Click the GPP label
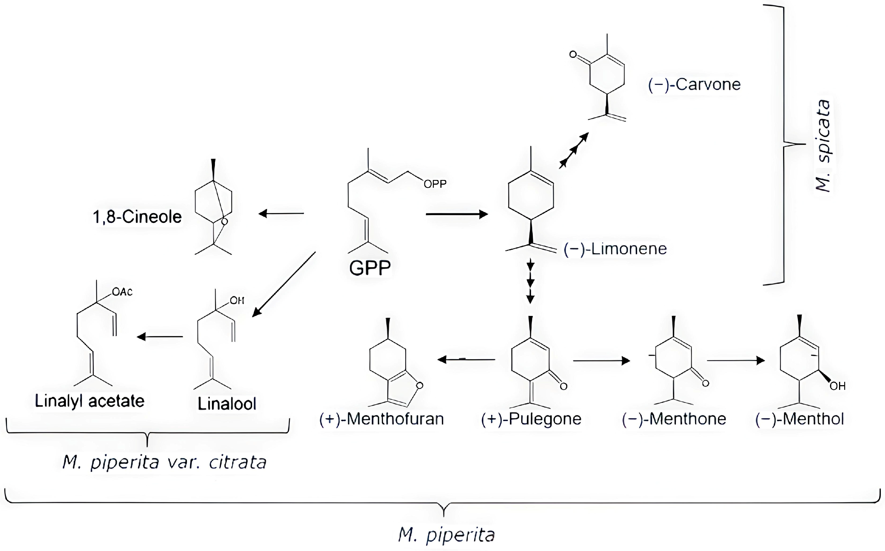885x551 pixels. coord(370,268)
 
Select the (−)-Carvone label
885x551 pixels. coord(694,84)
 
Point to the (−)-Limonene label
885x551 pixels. coord(615,249)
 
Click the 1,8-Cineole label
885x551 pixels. coord(137,217)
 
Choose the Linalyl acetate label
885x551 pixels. coord(90,401)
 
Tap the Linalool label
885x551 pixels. coord(227,404)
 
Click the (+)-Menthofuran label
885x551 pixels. coord(381,419)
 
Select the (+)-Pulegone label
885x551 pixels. coord(531,419)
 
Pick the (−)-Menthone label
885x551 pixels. coord(674,419)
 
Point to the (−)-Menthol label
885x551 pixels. coord(799,419)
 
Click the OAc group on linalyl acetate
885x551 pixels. coord(122,292)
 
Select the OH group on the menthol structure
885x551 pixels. coord(837,386)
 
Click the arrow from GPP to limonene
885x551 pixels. coord(456,214)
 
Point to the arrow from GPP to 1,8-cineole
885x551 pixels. coord(281,213)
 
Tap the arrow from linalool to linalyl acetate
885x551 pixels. coord(160,337)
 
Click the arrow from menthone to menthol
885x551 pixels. coord(735,361)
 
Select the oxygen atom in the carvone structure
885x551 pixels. coord(573,55)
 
